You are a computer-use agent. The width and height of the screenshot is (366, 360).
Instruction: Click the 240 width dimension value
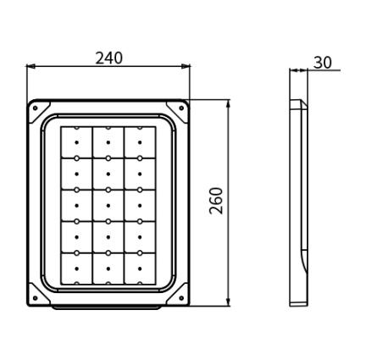pyautogui.click(x=108, y=58)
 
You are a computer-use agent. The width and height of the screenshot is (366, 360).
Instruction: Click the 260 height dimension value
pyautogui.click(x=216, y=201)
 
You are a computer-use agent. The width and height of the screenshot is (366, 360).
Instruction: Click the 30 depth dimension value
pyautogui.click(x=323, y=63)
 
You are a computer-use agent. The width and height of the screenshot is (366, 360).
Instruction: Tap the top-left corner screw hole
pyautogui.click(x=36, y=108)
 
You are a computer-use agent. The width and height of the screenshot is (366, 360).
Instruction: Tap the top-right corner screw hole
pyautogui.click(x=181, y=108)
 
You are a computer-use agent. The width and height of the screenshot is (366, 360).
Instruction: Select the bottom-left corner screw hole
pyautogui.click(x=36, y=298)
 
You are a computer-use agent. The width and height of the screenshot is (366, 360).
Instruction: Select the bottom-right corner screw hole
pyautogui.click(x=181, y=298)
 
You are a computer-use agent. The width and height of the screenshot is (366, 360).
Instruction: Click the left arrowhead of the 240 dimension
pyautogui.click(x=30, y=66)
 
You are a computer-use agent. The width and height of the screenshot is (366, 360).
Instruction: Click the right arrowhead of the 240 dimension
pyautogui.click(x=186, y=66)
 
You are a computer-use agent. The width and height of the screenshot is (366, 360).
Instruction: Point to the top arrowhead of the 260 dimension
pyautogui.click(x=229, y=104)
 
